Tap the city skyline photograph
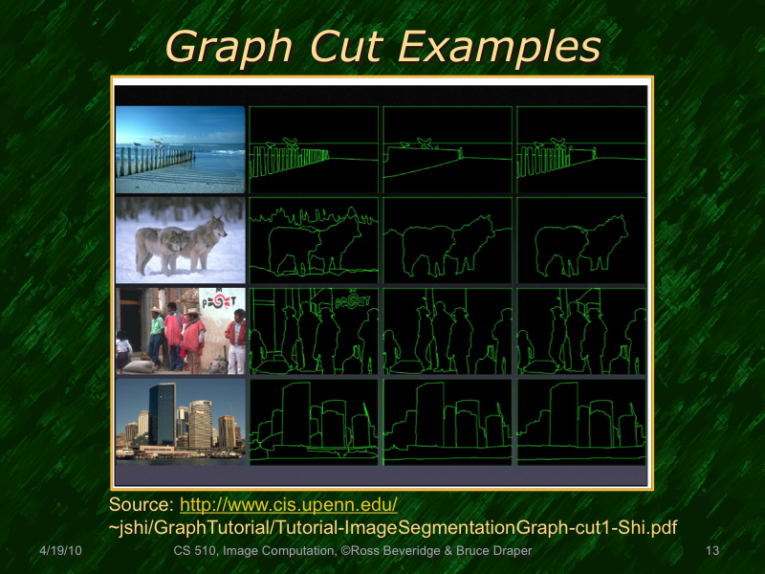click(181, 422)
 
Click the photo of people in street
click(181, 331)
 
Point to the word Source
click(140, 504)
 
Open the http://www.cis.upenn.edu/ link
click(289, 504)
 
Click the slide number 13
click(710, 552)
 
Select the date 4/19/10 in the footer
click(60, 552)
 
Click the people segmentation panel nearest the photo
click(314, 331)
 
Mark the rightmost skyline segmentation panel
click(581, 422)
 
